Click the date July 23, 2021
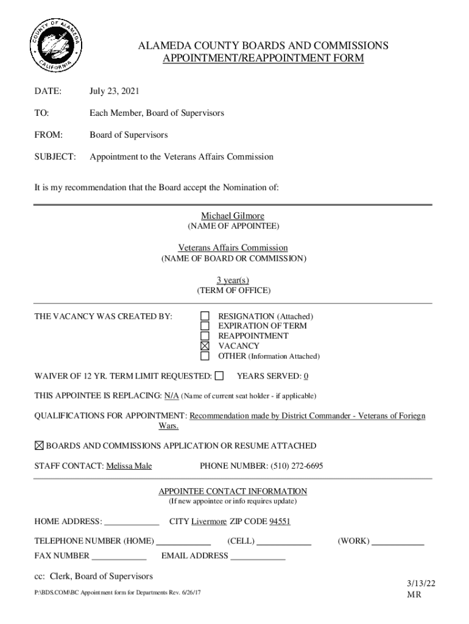[x=115, y=91]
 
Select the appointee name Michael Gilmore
[x=233, y=216]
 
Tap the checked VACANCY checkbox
[x=205, y=346]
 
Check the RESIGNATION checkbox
[x=205, y=316]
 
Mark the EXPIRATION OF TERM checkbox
[x=205, y=326]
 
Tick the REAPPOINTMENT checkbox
[x=205, y=336]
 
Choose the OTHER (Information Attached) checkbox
[x=205, y=356]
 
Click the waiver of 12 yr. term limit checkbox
[x=219, y=375]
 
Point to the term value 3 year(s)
[x=233, y=280]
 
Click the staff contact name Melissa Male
[x=129, y=466]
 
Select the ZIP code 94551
[x=280, y=522]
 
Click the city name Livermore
[x=209, y=522]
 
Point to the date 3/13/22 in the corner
[x=421, y=583]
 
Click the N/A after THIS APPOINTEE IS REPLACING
[x=171, y=396]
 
